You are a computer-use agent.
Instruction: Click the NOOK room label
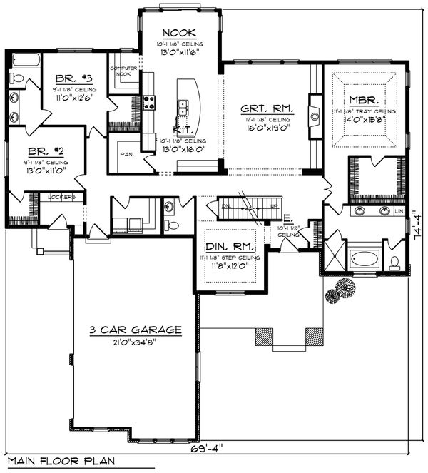[x=175, y=33]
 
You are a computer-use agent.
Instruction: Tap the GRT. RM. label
[x=255, y=109]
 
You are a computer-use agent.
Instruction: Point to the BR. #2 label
[x=41, y=151]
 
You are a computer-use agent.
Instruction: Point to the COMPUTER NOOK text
[x=123, y=71]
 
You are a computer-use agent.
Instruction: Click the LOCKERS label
[x=61, y=197]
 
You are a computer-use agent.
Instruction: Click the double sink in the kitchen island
[x=183, y=108]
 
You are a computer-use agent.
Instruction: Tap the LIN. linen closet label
[x=399, y=212]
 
